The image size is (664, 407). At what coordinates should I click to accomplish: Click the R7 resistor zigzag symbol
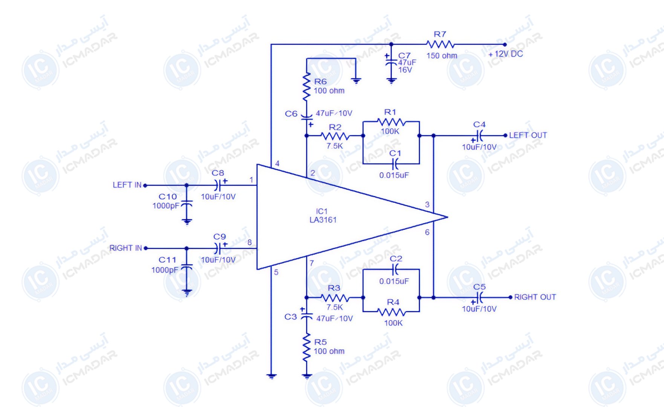(440, 44)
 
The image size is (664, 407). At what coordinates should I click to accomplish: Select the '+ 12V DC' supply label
(506, 54)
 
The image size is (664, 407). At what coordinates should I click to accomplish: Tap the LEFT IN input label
(127, 185)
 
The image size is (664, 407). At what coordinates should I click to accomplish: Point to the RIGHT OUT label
(535, 297)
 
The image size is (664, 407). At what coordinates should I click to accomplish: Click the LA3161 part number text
(323, 220)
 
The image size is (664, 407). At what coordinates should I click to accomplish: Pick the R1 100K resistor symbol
(392, 122)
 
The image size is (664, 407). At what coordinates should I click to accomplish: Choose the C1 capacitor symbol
(395, 164)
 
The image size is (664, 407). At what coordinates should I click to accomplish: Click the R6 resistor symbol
(307, 87)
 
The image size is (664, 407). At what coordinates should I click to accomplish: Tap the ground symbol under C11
(187, 292)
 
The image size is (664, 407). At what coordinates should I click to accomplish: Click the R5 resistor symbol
(307, 347)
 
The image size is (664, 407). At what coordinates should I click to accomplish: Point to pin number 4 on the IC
(277, 164)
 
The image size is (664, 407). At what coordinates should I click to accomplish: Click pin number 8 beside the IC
(249, 242)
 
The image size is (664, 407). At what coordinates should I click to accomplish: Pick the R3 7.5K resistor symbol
(335, 298)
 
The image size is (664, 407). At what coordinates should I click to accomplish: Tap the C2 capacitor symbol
(395, 269)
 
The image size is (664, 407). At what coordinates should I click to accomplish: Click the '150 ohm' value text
(442, 56)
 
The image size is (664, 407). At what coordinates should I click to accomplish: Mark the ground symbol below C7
(392, 81)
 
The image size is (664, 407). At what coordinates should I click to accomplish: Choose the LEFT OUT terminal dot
(505, 135)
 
